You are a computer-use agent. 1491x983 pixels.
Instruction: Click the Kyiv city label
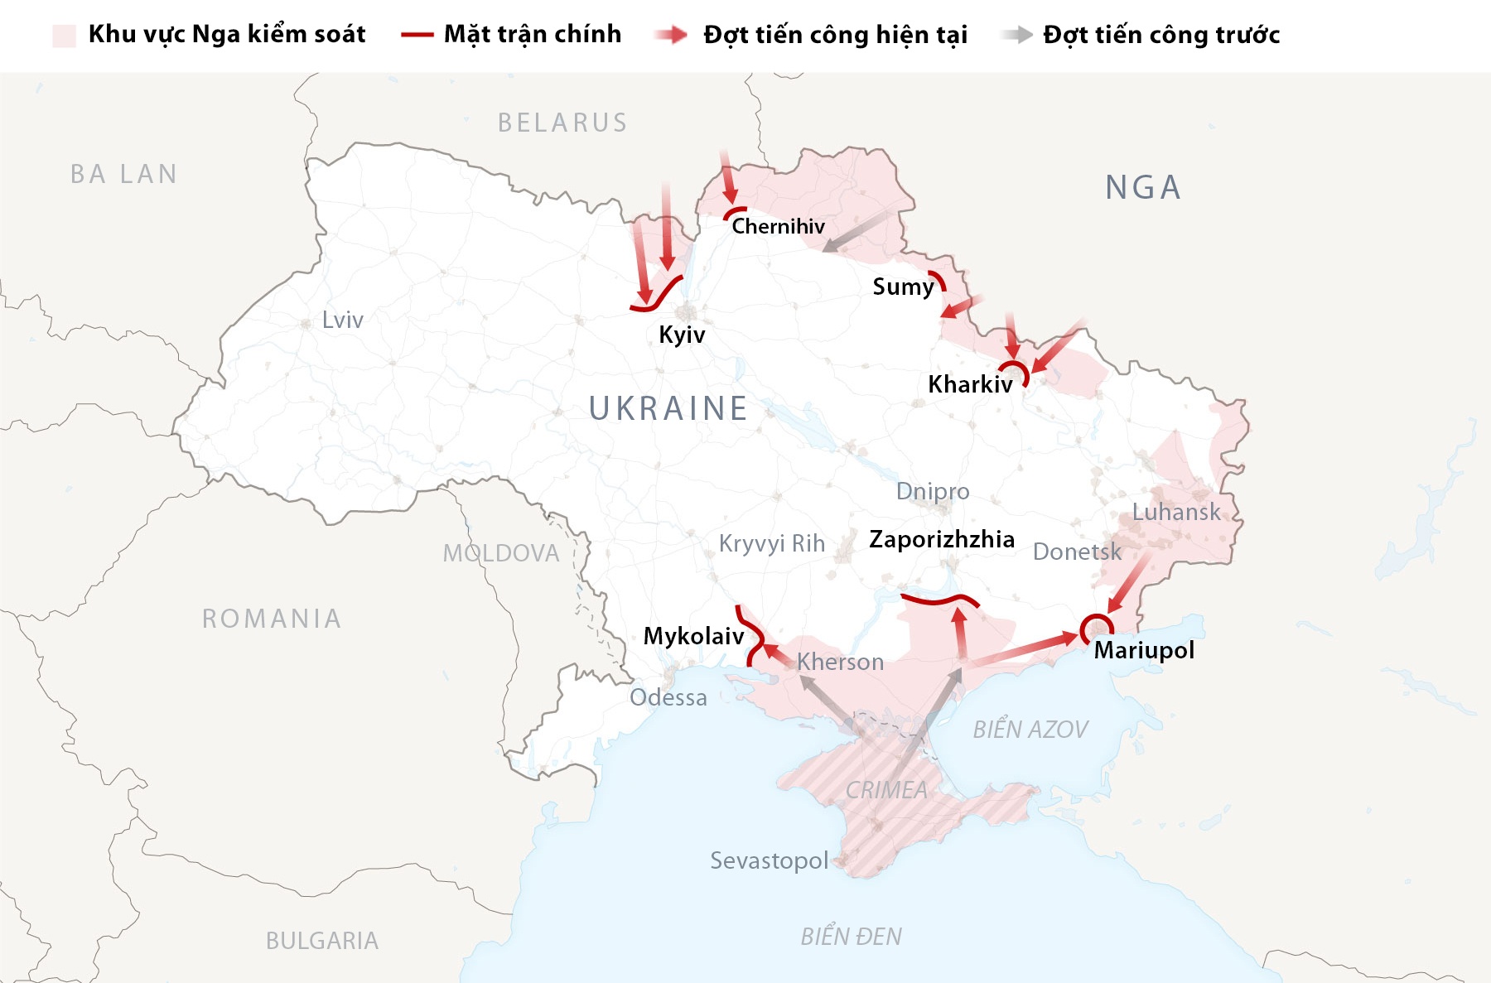(x=682, y=335)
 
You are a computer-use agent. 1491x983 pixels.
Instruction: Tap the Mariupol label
(x=1143, y=650)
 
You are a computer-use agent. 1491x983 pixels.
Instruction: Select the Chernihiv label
(x=778, y=226)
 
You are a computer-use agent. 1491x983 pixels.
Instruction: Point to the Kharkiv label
(x=969, y=384)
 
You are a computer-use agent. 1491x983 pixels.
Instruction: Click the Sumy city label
(x=902, y=287)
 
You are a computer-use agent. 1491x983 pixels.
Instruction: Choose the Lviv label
(x=342, y=320)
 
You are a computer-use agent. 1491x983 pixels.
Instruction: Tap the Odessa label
(x=668, y=697)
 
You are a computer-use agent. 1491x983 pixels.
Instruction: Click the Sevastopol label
(x=769, y=860)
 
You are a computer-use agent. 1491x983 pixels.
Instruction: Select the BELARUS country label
(x=562, y=123)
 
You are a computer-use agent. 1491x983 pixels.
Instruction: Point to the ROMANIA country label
(x=272, y=619)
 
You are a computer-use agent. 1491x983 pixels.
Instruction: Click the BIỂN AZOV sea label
(x=1030, y=730)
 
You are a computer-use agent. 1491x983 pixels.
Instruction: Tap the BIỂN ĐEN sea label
(x=851, y=937)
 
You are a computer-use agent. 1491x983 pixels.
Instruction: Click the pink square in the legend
(x=64, y=35)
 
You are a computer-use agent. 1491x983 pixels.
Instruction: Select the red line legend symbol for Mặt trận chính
(x=417, y=35)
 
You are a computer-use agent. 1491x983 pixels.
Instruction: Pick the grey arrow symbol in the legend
(x=1016, y=35)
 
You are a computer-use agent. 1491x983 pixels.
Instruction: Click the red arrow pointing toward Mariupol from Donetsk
(x=1129, y=583)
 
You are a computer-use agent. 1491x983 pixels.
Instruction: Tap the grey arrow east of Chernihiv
(x=854, y=231)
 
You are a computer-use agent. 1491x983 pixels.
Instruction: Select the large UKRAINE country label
(x=668, y=408)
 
